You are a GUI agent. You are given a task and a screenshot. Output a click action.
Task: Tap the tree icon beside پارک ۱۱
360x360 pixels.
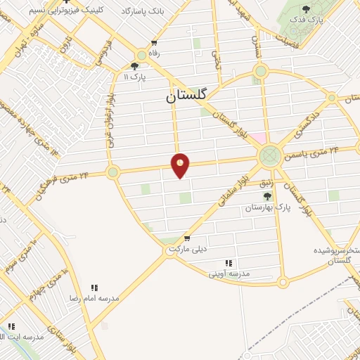tap(145, 65)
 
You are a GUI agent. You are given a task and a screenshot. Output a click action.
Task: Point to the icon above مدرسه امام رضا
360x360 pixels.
tap(95, 287)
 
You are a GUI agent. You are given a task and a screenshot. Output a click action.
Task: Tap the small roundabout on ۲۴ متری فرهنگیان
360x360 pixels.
tap(112, 172)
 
